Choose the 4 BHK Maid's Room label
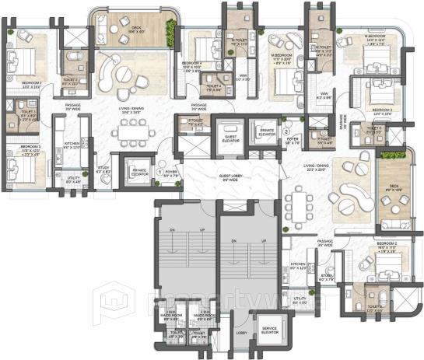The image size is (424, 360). tap(206, 315)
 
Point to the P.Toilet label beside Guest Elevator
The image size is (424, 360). tap(195, 121)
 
